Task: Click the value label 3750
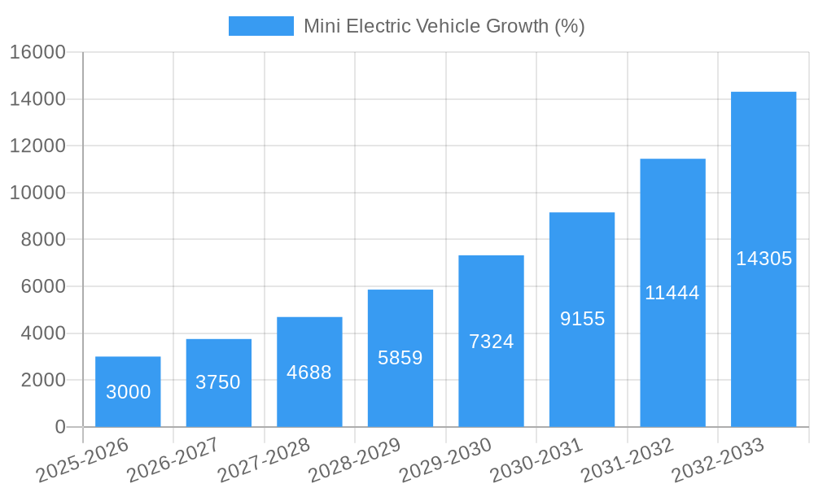218,382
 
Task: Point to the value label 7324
491,342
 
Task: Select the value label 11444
672,293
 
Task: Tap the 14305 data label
764,259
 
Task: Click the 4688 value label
309,373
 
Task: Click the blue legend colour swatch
260,26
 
